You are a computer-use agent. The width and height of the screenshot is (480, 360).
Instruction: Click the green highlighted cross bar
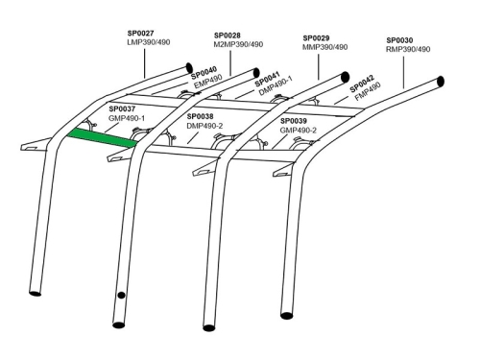[102, 138]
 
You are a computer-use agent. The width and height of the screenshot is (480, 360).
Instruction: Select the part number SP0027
[141, 34]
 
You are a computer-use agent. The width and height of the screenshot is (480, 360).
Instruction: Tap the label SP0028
[228, 36]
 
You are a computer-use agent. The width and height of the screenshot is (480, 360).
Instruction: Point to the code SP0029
[316, 38]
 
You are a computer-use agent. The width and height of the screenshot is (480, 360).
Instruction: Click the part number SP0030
[399, 40]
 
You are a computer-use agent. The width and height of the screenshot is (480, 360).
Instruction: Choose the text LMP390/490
[149, 42]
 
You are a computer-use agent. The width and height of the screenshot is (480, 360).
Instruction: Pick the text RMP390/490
[408, 49]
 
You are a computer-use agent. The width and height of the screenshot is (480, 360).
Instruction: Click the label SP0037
[122, 109]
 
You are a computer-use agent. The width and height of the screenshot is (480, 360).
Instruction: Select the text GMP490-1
[127, 118]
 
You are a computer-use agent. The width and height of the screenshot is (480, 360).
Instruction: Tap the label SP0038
[201, 116]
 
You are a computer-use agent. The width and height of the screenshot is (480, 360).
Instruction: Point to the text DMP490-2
[204, 126]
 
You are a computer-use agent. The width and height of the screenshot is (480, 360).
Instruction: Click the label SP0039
[294, 121]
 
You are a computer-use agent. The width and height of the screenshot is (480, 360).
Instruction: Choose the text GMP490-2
[299, 131]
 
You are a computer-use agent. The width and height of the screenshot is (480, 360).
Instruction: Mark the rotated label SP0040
[204, 73]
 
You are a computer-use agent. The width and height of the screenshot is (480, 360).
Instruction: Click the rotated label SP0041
[268, 79]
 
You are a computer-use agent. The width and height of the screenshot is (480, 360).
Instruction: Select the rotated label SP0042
[362, 84]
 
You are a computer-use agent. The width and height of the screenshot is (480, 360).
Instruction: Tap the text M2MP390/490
[238, 44]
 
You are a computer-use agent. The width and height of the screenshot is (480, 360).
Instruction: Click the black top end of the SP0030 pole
[441, 82]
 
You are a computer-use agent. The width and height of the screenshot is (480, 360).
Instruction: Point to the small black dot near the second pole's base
[121, 295]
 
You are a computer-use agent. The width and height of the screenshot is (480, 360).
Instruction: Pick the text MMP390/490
[325, 47]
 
